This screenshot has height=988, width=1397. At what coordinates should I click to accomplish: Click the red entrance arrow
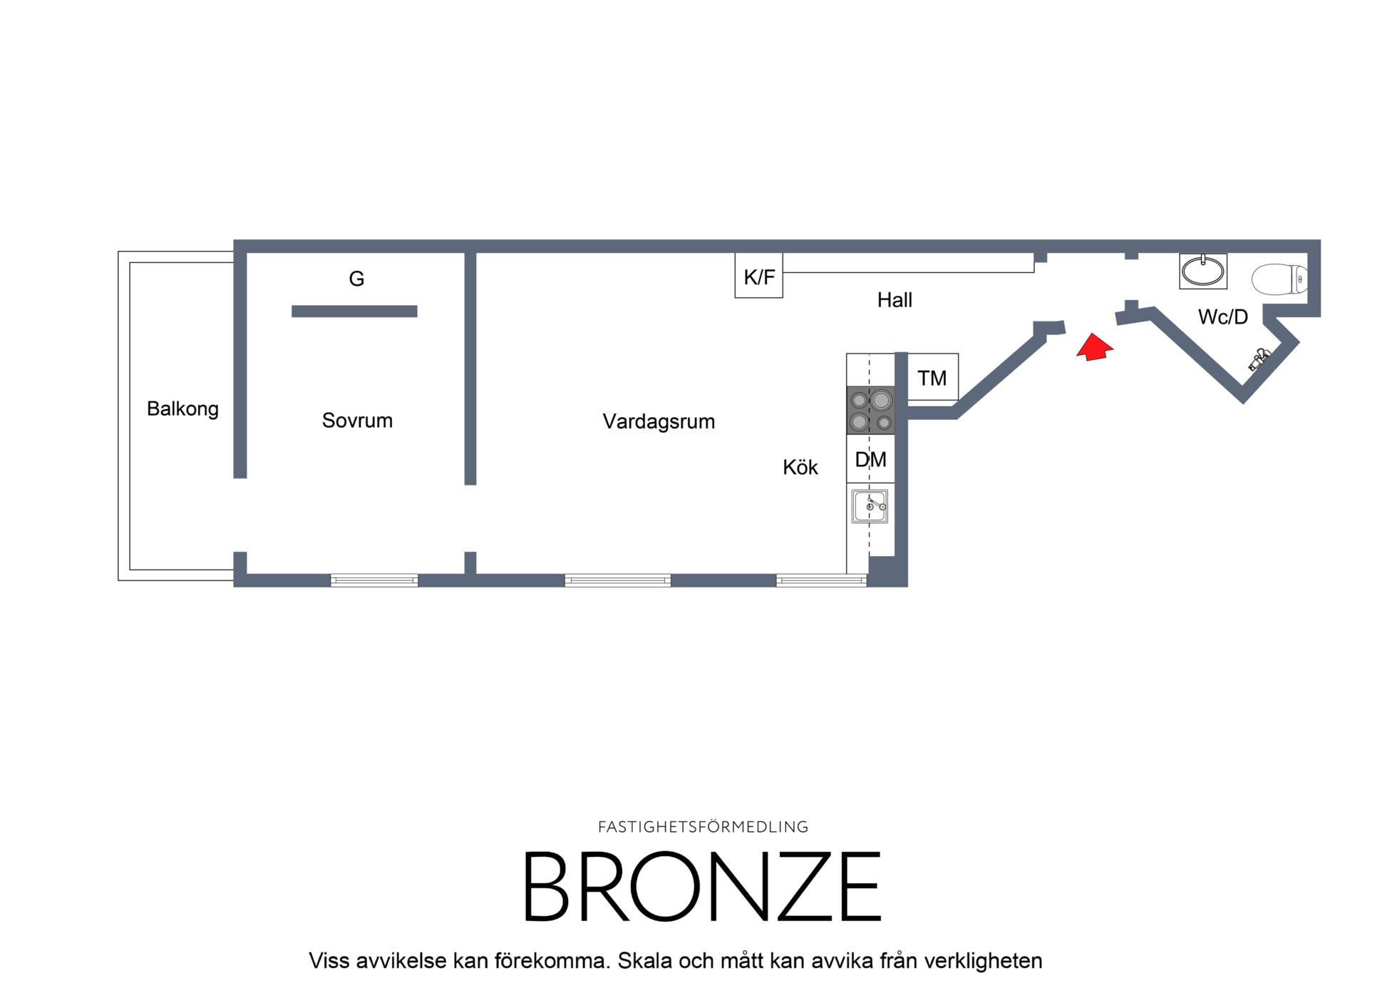pyautogui.click(x=1094, y=347)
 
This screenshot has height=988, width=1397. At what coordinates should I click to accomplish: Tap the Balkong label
pyautogui.click(x=182, y=409)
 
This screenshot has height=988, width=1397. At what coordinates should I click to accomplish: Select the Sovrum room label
pyautogui.click(x=357, y=421)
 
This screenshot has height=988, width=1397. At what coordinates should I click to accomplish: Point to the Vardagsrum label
pyautogui.click(x=659, y=421)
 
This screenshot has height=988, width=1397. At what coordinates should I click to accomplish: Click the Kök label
pyautogui.click(x=800, y=468)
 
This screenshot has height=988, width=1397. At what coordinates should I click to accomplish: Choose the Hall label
pyautogui.click(x=895, y=300)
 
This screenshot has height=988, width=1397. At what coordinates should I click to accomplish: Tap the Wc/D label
pyautogui.click(x=1223, y=317)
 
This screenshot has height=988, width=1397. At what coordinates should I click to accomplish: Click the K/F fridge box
pyautogui.click(x=759, y=276)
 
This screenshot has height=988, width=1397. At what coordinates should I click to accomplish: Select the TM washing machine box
pyautogui.click(x=933, y=377)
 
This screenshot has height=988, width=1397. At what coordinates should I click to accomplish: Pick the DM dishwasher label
pyautogui.click(x=870, y=460)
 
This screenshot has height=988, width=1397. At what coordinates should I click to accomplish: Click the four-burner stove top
pyautogui.click(x=870, y=411)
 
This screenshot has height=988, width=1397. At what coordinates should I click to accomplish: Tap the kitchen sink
pyautogui.click(x=870, y=506)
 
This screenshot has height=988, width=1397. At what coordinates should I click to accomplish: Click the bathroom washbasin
pyautogui.click(x=1203, y=271)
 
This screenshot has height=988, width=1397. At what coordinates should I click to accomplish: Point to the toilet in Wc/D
pyautogui.click(x=1280, y=279)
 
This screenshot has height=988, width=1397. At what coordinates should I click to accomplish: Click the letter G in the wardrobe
pyautogui.click(x=356, y=279)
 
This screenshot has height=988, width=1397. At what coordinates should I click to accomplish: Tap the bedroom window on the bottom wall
pyautogui.click(x=374, y=581)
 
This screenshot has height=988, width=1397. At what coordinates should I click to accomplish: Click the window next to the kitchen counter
pyautogui.click(x=821, y=581)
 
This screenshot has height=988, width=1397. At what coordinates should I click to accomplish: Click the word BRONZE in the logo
pyautogui.click(x=703, y=887)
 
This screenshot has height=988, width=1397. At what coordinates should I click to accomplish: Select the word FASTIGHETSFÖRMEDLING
pyautogui.click(x=703, y=827)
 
